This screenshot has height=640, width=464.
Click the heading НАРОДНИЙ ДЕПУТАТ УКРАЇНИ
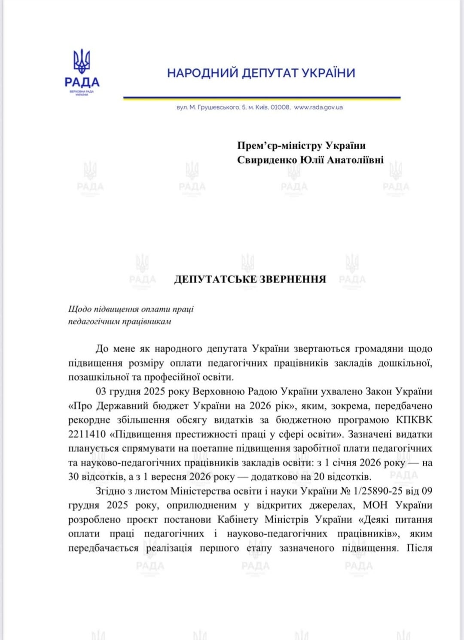coord(261,73)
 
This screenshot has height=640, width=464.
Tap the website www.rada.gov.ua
coord(318,107)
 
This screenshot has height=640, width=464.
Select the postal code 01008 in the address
coord(280,107)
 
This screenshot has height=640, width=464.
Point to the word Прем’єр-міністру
coord(280,145)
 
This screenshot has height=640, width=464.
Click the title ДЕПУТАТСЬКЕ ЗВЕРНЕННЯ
coord(250,279)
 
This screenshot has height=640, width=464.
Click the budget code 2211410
coord(87,434)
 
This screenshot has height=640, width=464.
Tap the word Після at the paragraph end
coord(419,548)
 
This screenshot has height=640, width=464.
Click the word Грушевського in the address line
coord(218,107)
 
